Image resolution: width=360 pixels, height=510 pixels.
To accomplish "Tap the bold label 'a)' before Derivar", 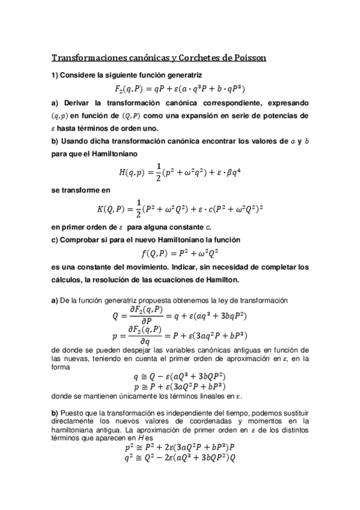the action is coord(54,102).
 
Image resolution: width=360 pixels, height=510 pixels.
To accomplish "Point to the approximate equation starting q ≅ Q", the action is coord(180,378).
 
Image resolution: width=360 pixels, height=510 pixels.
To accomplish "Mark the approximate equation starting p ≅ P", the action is coord(180,388).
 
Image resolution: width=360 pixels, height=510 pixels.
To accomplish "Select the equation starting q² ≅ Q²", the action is coord(180,458).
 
